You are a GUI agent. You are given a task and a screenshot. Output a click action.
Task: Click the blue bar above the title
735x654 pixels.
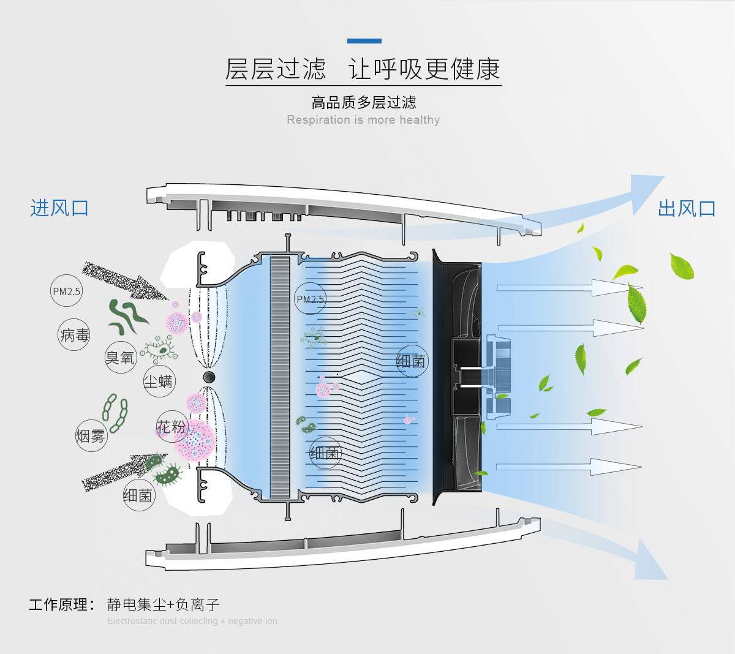[364, 41]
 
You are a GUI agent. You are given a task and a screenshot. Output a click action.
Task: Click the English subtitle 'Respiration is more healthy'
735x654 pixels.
[363, 119]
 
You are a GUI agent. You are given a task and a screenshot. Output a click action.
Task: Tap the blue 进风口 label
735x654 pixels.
[59, 208]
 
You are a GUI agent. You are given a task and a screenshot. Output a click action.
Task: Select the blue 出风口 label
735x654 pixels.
[687, 208]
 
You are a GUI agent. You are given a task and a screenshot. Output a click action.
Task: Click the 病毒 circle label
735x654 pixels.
[75, 335]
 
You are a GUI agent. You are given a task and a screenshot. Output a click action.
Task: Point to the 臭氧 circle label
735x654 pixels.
[120, 357]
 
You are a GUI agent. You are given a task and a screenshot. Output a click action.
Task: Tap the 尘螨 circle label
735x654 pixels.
[158, 381]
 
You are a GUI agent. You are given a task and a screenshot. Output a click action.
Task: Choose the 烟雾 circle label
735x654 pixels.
[91, 435]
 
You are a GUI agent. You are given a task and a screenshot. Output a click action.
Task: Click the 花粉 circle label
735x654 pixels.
[171, 427]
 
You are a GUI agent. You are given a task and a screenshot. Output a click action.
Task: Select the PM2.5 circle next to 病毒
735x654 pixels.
[66, 291]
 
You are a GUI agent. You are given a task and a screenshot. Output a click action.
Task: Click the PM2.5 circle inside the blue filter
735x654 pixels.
[310, 299]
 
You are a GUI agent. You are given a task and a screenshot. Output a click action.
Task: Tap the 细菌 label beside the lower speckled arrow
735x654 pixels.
[138, 495]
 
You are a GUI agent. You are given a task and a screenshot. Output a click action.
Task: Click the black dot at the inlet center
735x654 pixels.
[209, 375]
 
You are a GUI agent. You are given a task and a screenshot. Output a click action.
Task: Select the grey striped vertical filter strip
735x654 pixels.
[279, 375]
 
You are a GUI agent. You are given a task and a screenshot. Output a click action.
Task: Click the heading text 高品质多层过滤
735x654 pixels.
[363, 102]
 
